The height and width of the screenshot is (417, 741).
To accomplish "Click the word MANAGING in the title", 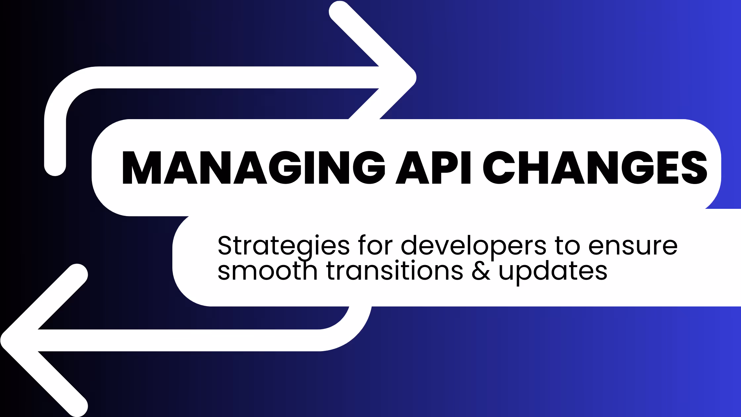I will point(253,167).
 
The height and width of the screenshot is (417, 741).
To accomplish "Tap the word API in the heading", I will point(433,167).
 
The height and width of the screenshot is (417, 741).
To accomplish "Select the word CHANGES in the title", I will point(595,167).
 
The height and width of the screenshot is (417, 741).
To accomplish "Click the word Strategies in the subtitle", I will point(283,246).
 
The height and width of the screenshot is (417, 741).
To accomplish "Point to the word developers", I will point(473,246).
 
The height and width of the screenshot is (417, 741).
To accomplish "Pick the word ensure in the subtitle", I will point(633,246).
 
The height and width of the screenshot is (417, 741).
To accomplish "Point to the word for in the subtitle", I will point(375,246).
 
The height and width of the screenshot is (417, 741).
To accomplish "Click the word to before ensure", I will point(567,246).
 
